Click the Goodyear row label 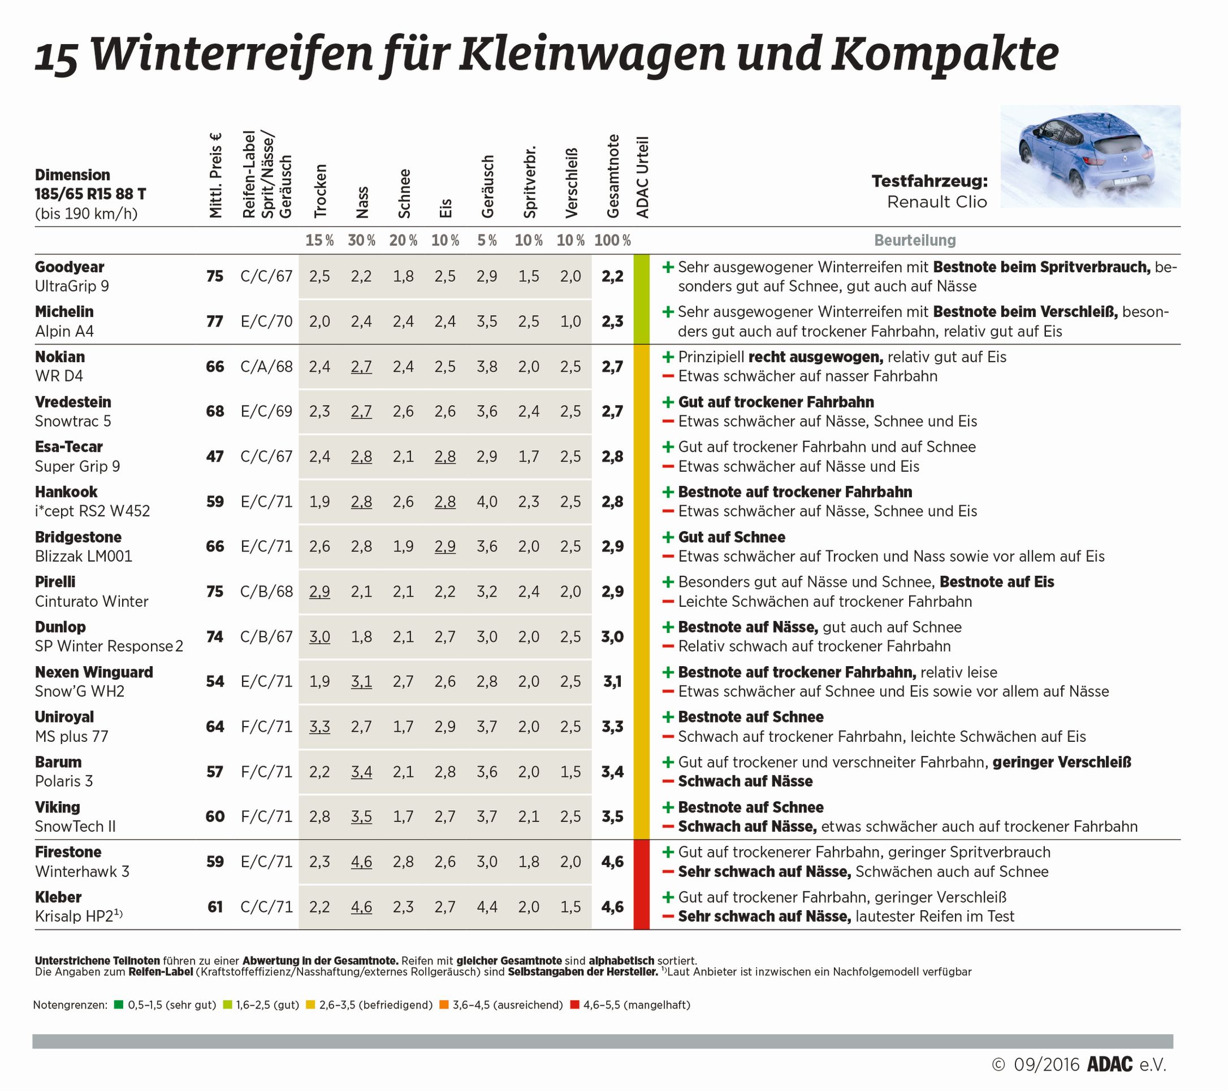[x=69, y=267]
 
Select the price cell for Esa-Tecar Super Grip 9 [x=214, y=457]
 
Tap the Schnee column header [x=404, y=193]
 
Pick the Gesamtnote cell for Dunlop [x=612, y=637]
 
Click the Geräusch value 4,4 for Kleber [x=487, y=907]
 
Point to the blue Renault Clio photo [x=1090, y=156]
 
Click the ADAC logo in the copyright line [x=1109, y=1064]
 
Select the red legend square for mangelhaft [x=574, y=1005]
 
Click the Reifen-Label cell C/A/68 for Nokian [x=266, y=366]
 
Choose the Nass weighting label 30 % [x=361, y=241]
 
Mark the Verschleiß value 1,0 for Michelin [x=570, y=321]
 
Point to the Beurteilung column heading [x=914, y=241]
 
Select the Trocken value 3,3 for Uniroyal [x=319, y=727]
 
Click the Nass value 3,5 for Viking [x=361, y=816]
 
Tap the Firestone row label [x=68, y=852]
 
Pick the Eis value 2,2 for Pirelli [x=444, y=592]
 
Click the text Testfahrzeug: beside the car [x=929, y=181]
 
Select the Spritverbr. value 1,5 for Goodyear [x=529, y=276]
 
